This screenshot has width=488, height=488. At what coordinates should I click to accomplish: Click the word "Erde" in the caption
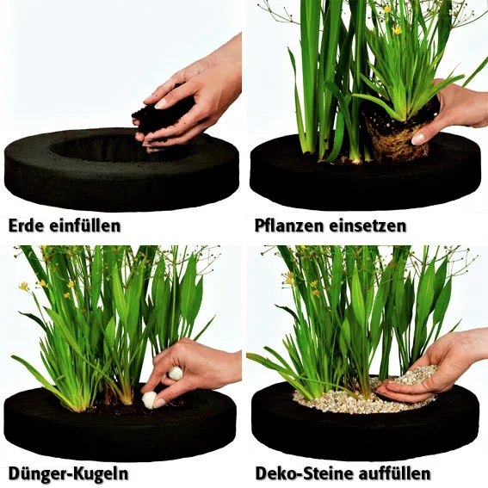[27, 225]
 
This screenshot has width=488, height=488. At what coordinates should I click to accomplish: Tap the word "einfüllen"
[85, 225]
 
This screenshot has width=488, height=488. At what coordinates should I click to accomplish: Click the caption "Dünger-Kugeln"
[68, 473]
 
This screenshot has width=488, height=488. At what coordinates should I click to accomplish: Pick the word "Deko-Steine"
[305, 473]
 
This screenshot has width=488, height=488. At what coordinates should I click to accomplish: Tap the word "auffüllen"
[394, 473]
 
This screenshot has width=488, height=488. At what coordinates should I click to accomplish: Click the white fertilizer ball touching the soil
[150, 399]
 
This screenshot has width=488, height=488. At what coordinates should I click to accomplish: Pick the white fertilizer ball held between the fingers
[176, 374]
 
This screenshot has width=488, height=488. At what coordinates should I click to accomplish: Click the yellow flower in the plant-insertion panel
[397, 30]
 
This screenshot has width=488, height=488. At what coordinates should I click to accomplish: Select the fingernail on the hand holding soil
[161, 104]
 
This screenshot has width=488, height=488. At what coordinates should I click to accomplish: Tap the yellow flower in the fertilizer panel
[23, 286]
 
